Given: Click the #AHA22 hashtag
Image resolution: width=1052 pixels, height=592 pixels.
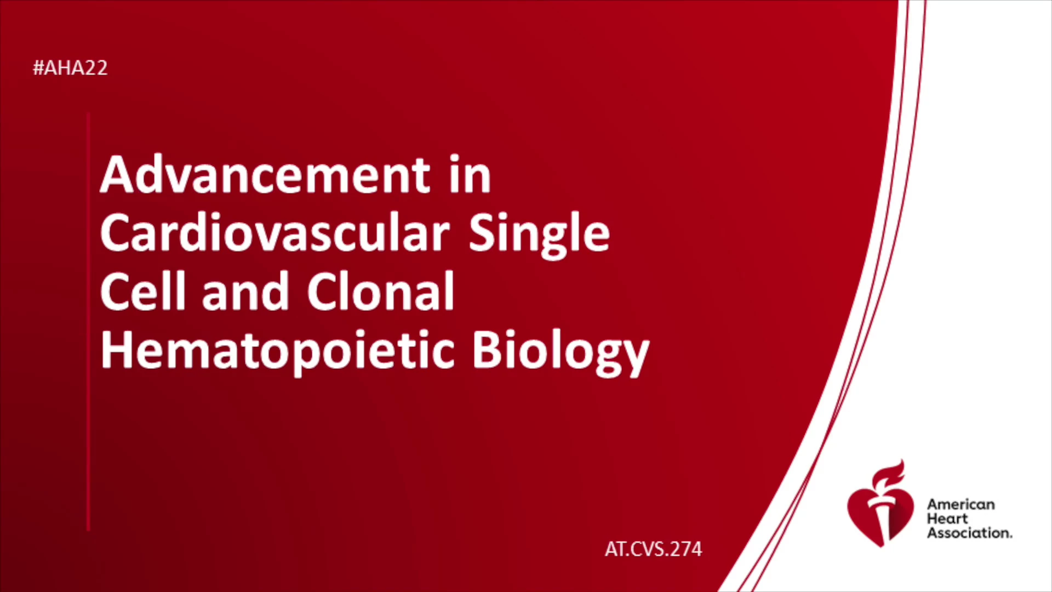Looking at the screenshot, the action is (x=70, y=68).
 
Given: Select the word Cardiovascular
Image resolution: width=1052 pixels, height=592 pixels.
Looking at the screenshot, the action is (x=275, y=232).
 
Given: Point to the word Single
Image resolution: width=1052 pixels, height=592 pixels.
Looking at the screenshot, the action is (x=539, y=236).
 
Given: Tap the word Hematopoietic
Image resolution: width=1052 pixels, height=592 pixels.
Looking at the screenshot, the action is (x=277, y=352).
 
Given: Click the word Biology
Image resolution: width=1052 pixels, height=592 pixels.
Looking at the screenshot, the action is (x=561, y=352).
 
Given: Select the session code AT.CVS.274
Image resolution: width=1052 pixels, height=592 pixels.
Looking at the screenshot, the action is (x=653, y=549).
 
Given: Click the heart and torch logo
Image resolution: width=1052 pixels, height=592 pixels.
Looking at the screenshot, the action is (x=880, y=504).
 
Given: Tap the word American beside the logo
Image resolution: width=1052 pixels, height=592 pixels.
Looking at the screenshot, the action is (x=960, y=504).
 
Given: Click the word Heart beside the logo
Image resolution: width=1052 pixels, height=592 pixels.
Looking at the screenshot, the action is (x=947, y=519).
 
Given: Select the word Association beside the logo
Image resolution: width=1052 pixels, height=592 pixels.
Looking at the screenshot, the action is (x=969, y=533).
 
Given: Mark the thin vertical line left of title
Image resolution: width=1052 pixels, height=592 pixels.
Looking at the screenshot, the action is (x=88, y=322).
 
